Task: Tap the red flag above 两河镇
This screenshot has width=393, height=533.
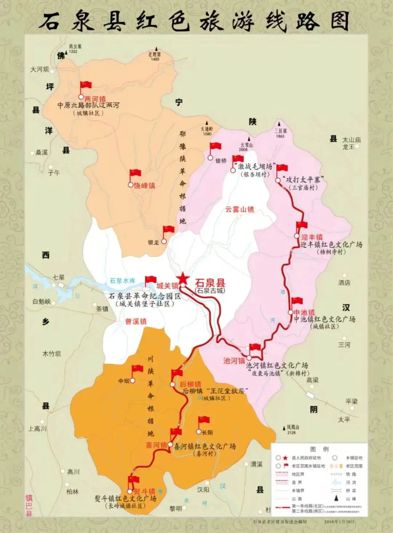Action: (86, 85)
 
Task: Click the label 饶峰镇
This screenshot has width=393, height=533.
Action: (144, 186)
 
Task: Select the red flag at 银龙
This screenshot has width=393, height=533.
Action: (168, 229)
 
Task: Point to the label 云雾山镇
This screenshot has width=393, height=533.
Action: (239, 209)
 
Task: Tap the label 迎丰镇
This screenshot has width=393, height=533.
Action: (312, 237)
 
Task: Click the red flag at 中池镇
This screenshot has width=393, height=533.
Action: (297, 301)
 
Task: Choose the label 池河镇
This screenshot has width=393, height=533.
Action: (234, 361)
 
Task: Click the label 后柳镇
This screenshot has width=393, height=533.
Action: (190, 384)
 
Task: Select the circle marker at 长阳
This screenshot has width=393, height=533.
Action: (199, 432)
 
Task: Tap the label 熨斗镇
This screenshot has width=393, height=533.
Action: (144, 491)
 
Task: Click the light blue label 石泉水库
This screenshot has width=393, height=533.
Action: (123, 280)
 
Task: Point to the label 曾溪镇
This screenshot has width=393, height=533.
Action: (136, 322)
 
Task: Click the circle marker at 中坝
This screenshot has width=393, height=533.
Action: (133, 380)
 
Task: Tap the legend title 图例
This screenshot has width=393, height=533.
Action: (319, 449)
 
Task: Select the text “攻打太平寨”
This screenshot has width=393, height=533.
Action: (303, 180)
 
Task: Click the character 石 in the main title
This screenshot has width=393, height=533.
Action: (50, 21)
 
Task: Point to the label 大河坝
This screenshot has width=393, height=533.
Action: (39, 69)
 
